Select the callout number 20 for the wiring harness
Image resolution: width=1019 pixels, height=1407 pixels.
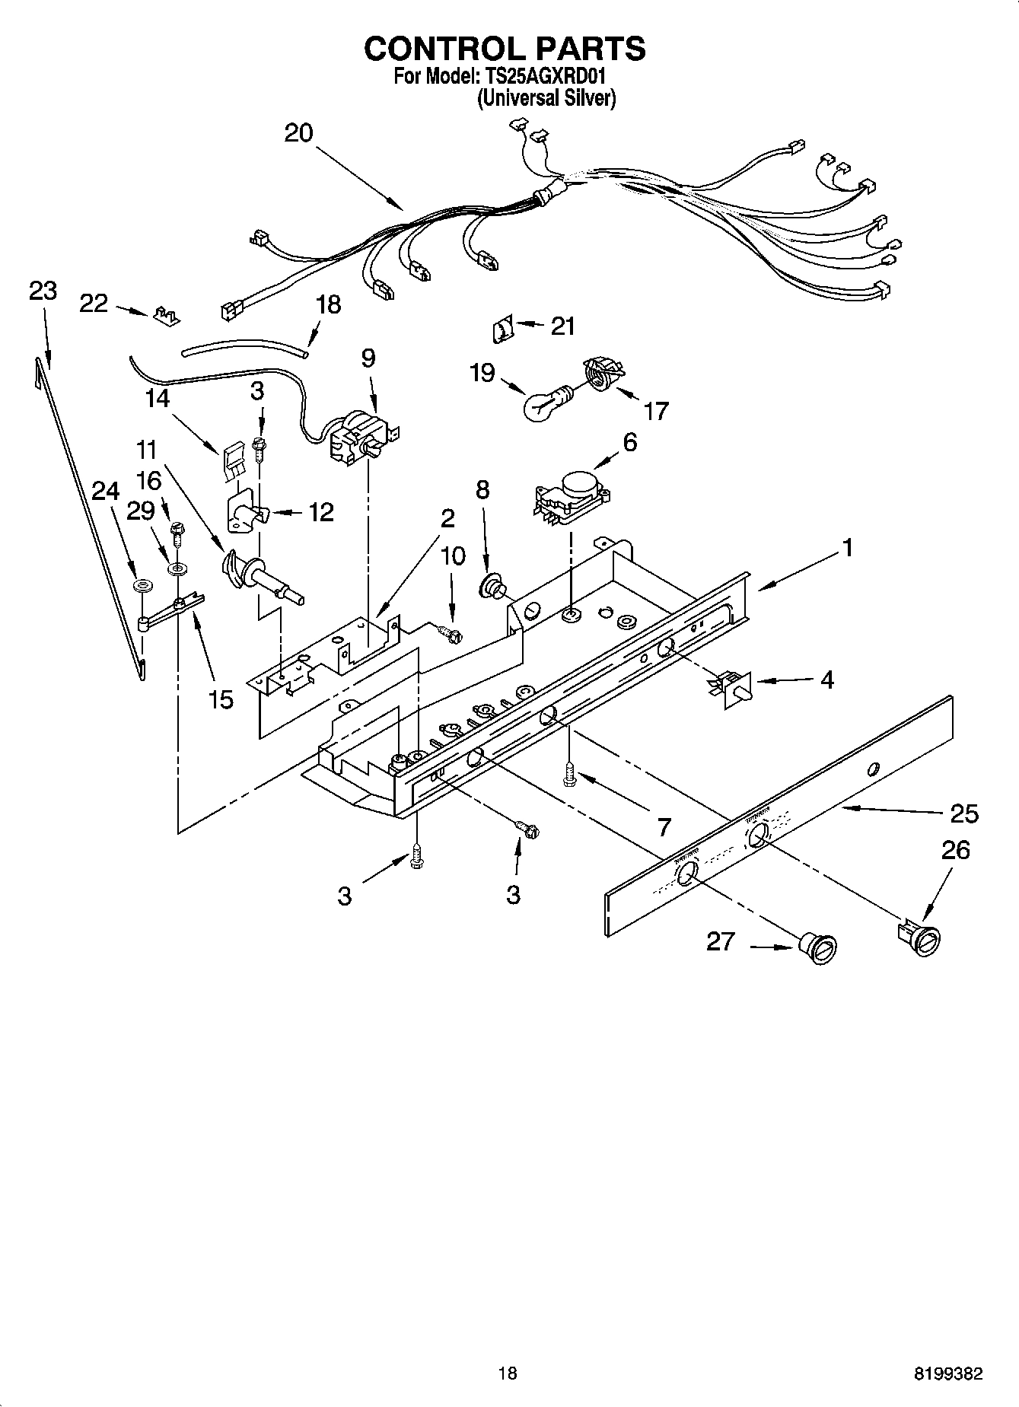[298, 133]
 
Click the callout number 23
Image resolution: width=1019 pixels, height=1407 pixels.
[43, 291]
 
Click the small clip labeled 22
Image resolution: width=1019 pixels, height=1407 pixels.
[167, 315]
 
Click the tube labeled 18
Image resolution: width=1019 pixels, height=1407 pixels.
[244, 350]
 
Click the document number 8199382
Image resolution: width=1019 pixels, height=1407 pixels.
[947, 1374]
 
